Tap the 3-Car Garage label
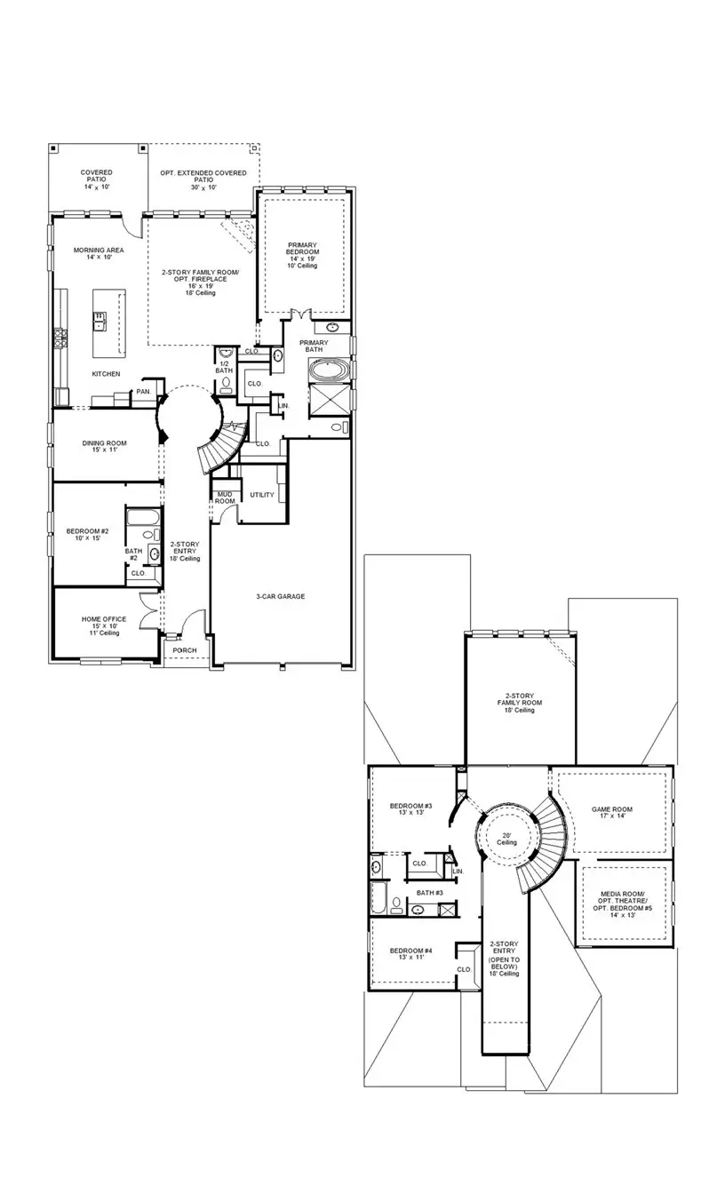coord(280,596)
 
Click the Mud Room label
coord(225,498)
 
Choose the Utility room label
coord(262,495)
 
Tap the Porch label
coord(185,650)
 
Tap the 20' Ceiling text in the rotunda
coord(506,837)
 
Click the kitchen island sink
coord(101,319)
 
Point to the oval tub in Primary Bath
coord(330,369)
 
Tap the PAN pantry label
coord(143,392)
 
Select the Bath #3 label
coord(430,892)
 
